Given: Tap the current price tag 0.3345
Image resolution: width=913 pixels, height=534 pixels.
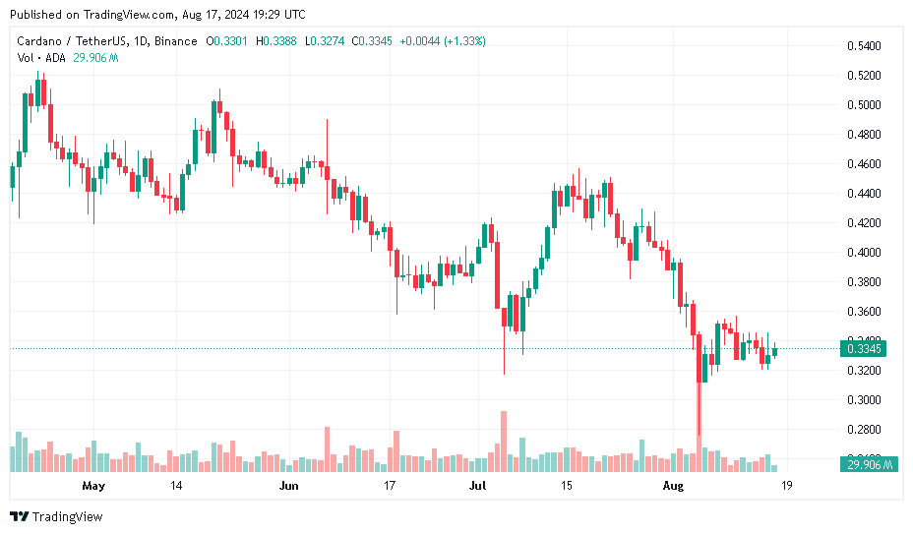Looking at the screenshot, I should [862, 348].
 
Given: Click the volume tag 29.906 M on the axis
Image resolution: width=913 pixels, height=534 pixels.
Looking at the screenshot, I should [866, 464].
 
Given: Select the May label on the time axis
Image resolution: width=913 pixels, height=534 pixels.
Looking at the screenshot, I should [93, 486].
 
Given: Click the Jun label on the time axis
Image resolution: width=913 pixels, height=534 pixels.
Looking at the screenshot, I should [288, 486].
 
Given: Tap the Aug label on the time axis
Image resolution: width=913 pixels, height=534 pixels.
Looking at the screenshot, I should [673, 486].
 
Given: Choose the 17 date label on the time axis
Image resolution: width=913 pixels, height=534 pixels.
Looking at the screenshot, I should [390, 486].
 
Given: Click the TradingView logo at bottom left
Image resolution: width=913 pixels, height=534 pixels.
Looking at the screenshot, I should [56, 516].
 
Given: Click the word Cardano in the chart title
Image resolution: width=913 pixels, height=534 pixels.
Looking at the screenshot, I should [40, 41].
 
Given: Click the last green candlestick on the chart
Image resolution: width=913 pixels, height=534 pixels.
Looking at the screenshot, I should [775, 350].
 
